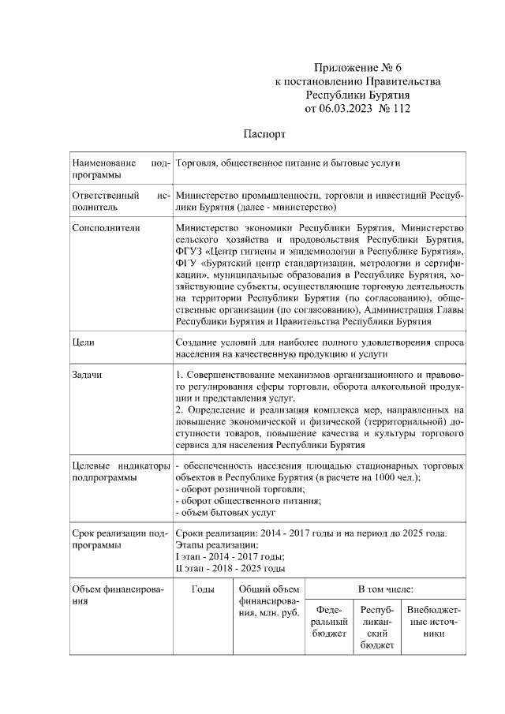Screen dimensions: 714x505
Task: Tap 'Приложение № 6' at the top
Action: point(357,69)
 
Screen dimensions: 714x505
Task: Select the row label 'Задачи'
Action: point(87,374)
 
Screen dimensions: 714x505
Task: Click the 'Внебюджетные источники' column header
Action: point(433,622)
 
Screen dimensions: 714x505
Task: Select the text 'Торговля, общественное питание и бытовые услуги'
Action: point(289,163)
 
